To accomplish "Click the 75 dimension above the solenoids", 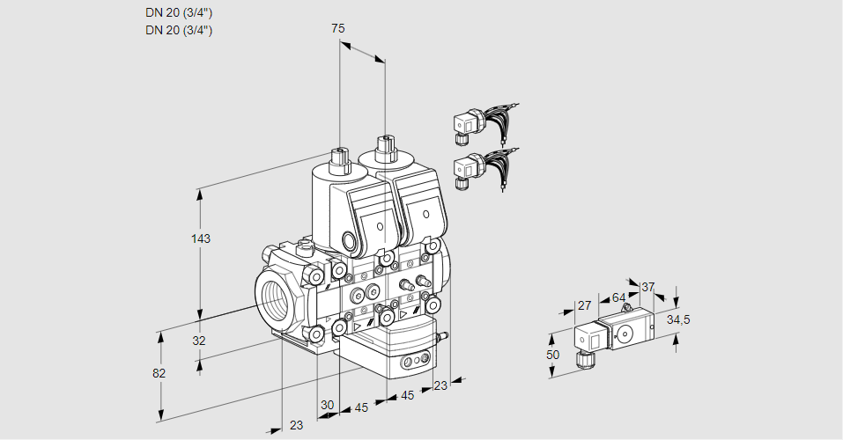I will (337, 28).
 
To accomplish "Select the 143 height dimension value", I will (202, 238).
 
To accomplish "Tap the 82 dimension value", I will (159, 373).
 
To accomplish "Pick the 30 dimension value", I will (327, 405).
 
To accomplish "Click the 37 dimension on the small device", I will (648, 287).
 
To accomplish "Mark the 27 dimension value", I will (583, 305).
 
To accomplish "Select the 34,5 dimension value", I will (678, 319).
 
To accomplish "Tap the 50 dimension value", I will (552, 355).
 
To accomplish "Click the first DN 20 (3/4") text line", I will (179, 12).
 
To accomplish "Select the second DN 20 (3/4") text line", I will (179, 30).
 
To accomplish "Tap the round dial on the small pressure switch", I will (626, 333).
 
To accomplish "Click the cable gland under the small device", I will (581, 358).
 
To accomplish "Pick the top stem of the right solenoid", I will (384, 146).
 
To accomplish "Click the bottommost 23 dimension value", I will (296, 425).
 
